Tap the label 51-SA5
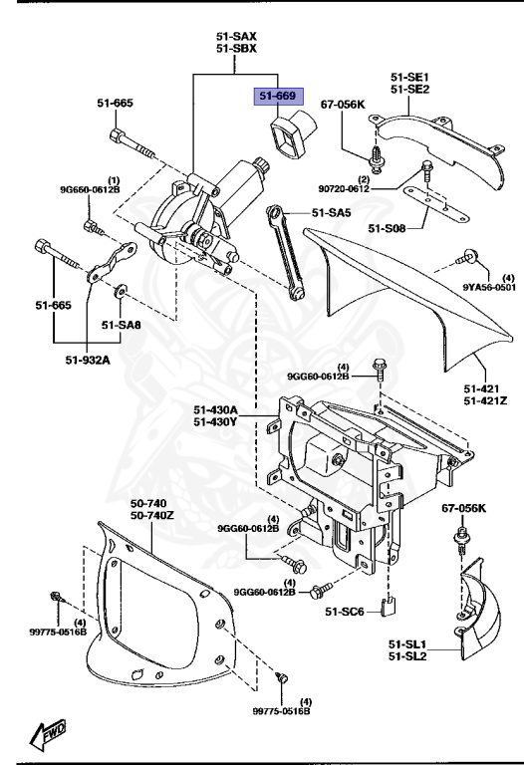click(x=332, y=212)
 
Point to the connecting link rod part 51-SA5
click(x=286, y=250)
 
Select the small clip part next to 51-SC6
click(x=393, y=604)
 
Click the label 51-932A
click(x=88, y=360)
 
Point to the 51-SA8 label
click(x=122, y=324)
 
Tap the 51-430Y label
click(x=216, y=422)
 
